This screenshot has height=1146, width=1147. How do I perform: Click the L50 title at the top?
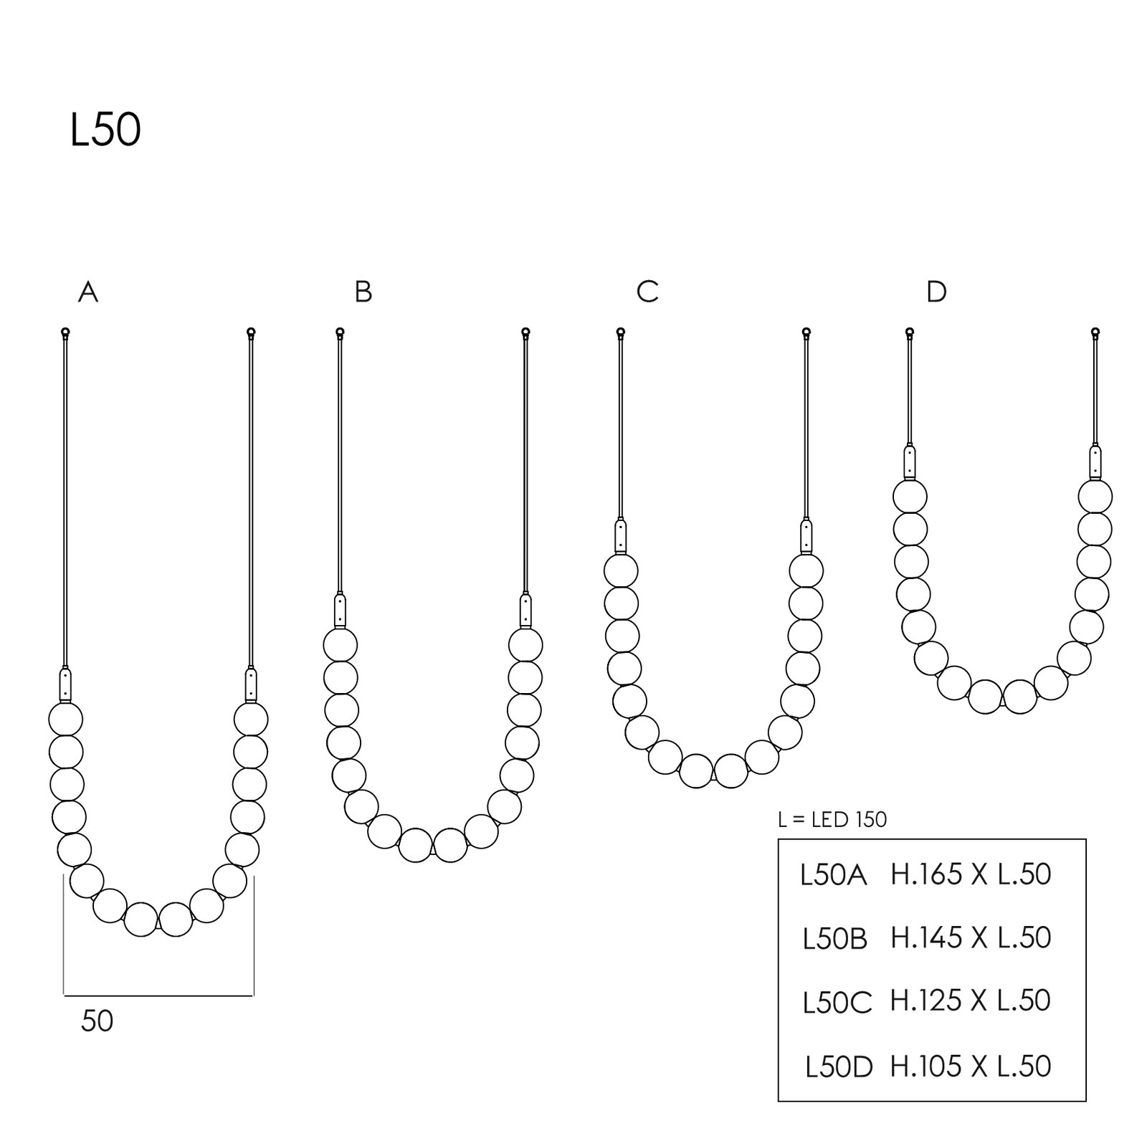(x=105, y=131)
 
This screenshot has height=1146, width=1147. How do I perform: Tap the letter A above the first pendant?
(x=88, y=292)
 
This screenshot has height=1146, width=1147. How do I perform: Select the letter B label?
(x=363, y=292)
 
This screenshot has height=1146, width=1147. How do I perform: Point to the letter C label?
(x=647, y=292)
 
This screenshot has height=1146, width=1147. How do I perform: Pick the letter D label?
(x=937, y=292)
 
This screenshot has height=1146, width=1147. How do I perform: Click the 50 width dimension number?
(x=97, y=1021)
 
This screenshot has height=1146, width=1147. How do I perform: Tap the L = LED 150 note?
(x=832, y=819)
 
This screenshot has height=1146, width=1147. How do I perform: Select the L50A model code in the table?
(x=834, y=875)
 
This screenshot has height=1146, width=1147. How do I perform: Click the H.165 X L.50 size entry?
(x=971, y=874)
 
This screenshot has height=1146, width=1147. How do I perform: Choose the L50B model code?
(x=835, y=939)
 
